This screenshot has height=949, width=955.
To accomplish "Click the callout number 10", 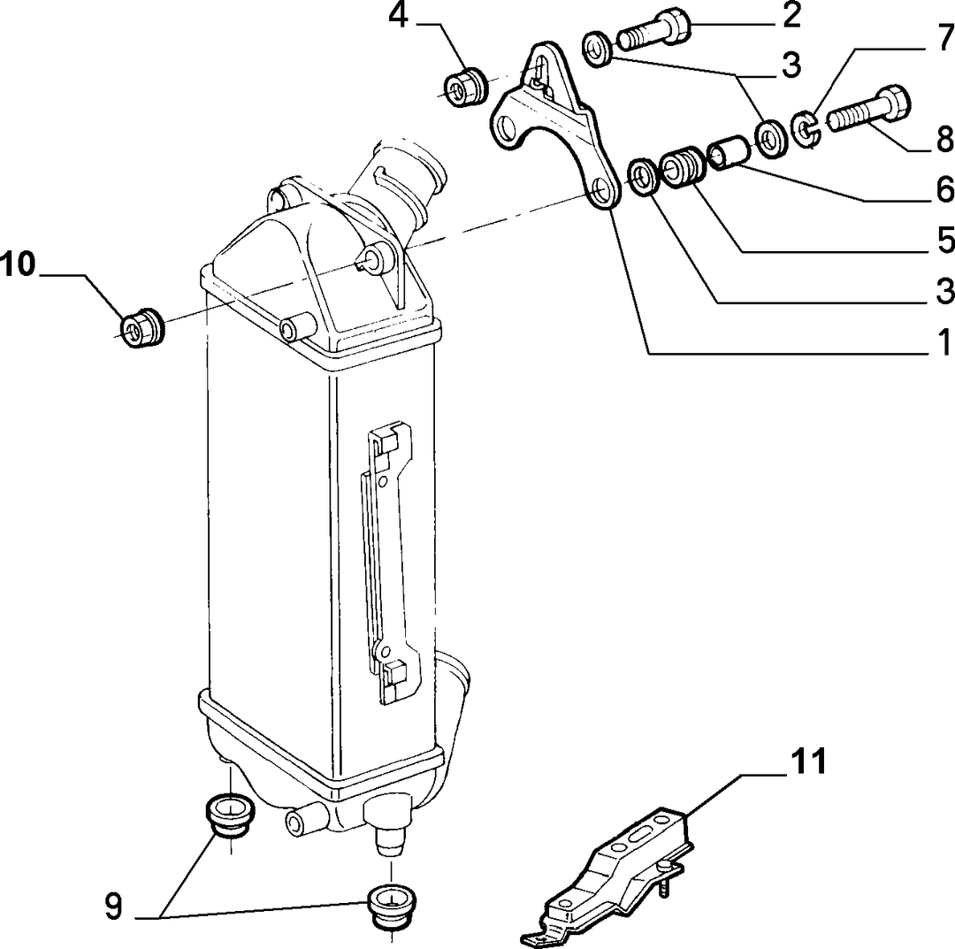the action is click(x=18, y=265).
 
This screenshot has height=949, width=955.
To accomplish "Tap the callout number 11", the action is click(x=808, y=761).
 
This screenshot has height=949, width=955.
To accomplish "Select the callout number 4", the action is click(x=398, y=16).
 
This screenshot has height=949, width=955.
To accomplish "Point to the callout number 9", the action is click(x=114, y=905).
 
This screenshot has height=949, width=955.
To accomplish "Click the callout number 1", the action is click(x=944, y=341).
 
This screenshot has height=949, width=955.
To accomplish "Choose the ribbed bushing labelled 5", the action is click(x=682, y=169).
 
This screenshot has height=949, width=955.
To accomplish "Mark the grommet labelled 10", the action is click(x=141, y=329).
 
